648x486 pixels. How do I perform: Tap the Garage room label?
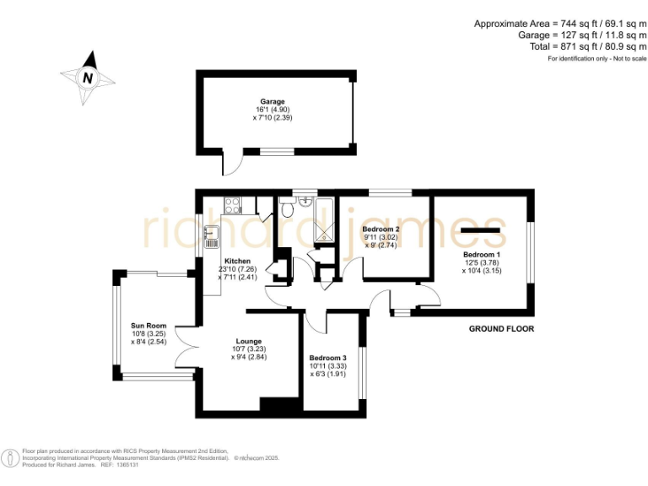click(272, 101)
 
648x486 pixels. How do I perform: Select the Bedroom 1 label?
click(482, 254)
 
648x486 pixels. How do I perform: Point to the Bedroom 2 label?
click(381, 229)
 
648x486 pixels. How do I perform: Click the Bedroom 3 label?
click(327, 358)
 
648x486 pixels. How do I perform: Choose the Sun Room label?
click(148, 326)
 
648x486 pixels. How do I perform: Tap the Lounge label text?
click(249, 341)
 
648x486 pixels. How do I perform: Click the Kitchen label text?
click(237, 262)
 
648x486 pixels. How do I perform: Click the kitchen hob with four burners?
click(233, 203)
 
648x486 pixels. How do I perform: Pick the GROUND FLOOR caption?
click(502, 329)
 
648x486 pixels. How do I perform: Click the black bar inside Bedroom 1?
click(482, 230)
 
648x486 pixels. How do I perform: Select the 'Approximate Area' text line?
click(560, 24)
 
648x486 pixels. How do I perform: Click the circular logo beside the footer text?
click(10, 456)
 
